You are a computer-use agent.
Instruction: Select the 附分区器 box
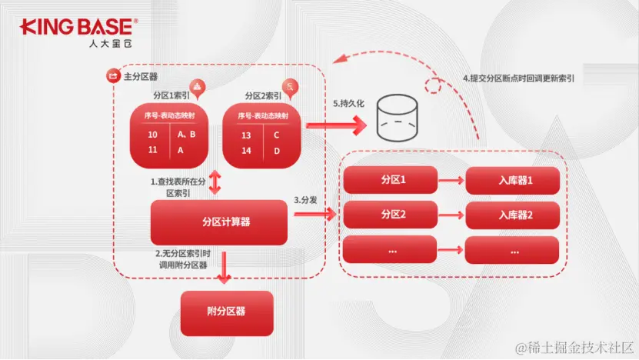point(226,312)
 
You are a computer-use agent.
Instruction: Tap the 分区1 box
point(394,180)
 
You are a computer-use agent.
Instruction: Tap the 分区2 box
point(394,215)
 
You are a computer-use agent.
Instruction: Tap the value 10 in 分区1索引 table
point(152,135)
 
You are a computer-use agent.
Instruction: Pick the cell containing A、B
point(186,135)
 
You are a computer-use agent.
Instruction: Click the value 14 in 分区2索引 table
point(246,151)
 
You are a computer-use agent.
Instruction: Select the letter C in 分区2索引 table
point(276,135)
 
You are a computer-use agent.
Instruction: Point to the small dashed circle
point(435,85)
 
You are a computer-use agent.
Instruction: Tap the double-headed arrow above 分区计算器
point(215,183)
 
